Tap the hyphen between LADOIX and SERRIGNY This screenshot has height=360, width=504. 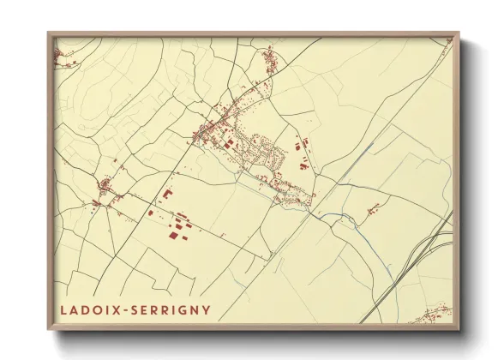click(x=126, y=309)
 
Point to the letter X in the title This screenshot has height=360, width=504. click(x=119, y=309)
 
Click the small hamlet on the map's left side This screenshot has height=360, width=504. click(x=105, y=188)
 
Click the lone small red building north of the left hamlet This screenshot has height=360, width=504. click(x=115, y=160)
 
